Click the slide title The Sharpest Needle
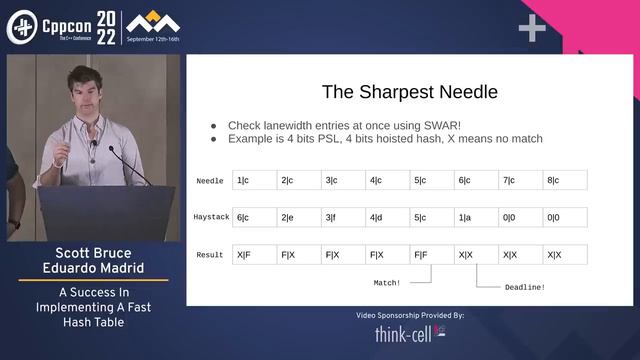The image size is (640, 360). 409,93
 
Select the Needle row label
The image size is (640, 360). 210,181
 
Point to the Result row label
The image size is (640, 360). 210,255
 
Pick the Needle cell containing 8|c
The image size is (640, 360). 565,181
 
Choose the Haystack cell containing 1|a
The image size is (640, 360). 476,218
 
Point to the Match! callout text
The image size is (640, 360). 388,283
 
